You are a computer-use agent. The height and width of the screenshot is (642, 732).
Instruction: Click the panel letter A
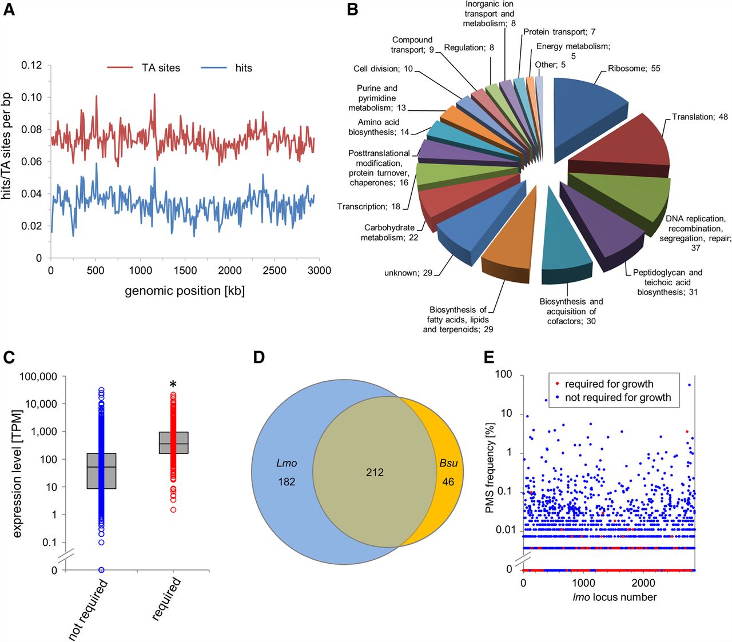[9, 10]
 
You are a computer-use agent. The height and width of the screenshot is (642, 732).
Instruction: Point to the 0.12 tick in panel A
[31, 65]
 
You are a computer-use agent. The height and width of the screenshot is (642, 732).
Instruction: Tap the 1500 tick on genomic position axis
[185, 270]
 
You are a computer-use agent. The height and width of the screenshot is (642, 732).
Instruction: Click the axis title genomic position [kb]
[185, 290]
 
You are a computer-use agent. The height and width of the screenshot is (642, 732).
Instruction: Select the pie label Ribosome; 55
[634, 69]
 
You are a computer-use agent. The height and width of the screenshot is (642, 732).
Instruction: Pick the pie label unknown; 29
[408, 273]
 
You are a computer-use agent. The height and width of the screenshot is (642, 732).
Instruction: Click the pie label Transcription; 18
[369, 206]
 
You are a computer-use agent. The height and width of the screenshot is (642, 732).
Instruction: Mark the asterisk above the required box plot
[173, 370]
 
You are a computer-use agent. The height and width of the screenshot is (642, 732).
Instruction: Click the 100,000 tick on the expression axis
[38, 376]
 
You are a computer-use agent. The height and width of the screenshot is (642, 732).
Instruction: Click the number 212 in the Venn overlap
[375, 472]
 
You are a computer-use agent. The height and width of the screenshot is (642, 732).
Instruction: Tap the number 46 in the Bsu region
[448, 482]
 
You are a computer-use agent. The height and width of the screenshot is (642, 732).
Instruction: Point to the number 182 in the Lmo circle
[287, 482]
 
